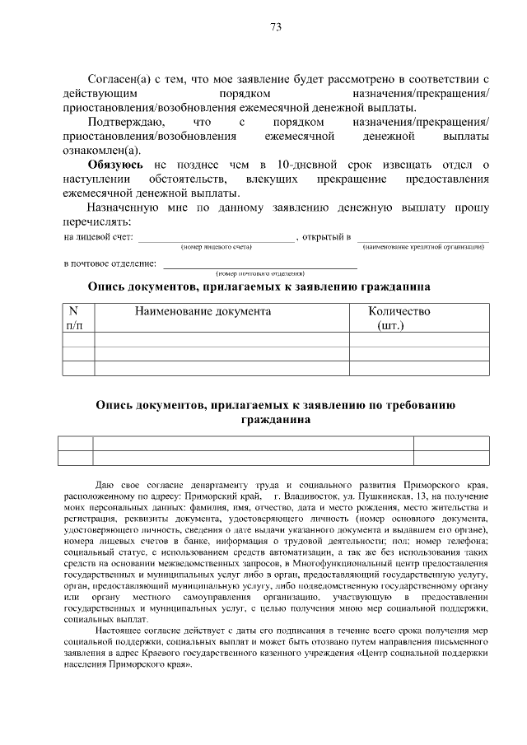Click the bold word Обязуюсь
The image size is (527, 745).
click(x=116, y=165)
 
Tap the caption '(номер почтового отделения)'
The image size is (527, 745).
click(x=260, y=272)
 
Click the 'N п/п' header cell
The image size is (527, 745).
click(x=73, y=319)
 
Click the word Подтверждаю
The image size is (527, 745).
click(x=124, y=122)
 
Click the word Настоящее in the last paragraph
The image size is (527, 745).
click(x=119, y=630)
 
